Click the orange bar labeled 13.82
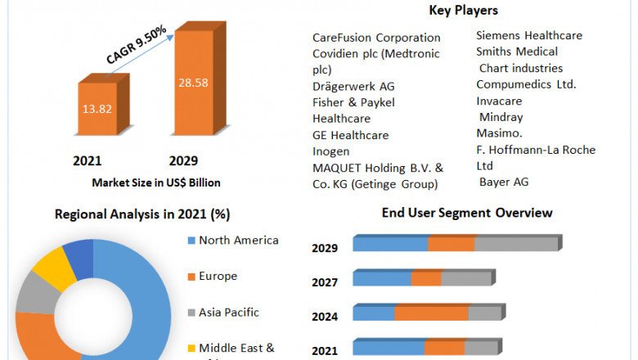pos(97,108)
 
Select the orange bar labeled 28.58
pos(193,83)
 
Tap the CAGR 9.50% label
pos(136,45)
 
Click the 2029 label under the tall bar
pos(183,160)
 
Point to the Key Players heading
pos(463,11)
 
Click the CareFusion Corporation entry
pos(376,38)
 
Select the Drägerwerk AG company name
pos(353,86)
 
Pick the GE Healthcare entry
pos(350,135)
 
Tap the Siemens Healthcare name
pos(529,35)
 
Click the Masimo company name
pos(501,133)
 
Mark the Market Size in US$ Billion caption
pos(155,182)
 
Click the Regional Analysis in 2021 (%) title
pos(142,214)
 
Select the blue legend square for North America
pos(191,241)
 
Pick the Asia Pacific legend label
pos(229,312)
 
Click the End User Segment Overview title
pos(466,213)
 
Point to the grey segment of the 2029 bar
pos(515,244)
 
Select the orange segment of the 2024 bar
pos(431,313)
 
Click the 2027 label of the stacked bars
pos(324,282)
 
